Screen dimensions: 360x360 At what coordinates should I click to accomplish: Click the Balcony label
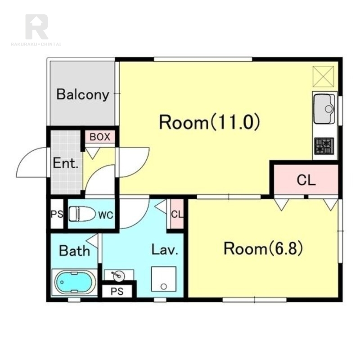coord(83,94)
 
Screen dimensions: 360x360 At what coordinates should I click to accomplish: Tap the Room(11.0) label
coord(209,122)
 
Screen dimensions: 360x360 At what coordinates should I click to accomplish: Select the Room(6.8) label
coord(263,248)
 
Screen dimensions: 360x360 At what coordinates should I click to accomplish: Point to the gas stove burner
coord(324,146)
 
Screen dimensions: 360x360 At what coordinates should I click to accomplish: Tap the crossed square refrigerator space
coord(324,76)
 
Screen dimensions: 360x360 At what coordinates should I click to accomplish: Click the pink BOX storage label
coord(100,137)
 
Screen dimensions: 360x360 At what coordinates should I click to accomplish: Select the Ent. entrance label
coord(66,163)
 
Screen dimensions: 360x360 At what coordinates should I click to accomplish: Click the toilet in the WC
coord(82,214)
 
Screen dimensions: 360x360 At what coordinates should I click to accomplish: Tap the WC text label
coord(106,215)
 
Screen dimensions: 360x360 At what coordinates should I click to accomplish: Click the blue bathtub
coord(74,282)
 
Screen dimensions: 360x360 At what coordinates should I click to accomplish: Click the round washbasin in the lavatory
coord(119,275)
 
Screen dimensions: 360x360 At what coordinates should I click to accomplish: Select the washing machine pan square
coord(164,279)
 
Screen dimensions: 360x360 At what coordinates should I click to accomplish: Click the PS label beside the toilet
coord(57,214)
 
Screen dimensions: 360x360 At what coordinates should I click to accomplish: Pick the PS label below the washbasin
coord(117,291)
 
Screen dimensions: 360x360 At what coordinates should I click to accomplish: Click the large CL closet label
coord(306,180)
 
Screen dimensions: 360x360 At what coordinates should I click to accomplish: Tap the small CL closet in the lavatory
coord(177,214)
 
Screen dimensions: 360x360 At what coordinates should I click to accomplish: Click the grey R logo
coord(37,27)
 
